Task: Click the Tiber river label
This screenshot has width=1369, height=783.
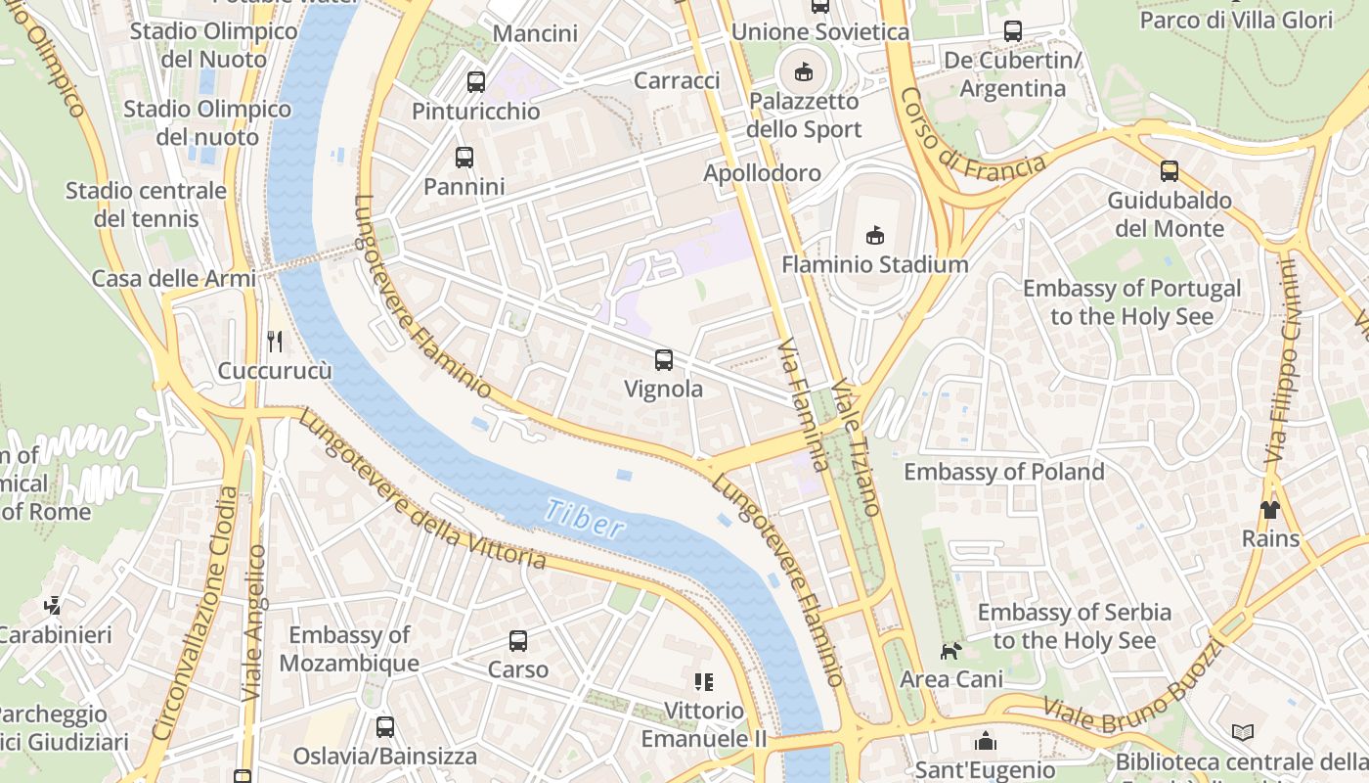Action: pos(585,518)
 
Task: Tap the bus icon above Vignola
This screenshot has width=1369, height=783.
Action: pos(664,359)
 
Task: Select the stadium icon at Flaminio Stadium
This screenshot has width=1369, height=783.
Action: pos(874,235)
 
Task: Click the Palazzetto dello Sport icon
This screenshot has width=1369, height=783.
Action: pos(804,70)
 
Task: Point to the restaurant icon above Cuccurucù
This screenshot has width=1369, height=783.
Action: pos(275,342)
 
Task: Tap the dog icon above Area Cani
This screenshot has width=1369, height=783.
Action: pos(950,651)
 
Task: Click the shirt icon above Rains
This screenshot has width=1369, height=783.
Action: pos(1269,509)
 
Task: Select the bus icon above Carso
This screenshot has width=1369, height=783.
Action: pos(518,641)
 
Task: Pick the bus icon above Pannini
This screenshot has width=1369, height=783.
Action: pos(464,157)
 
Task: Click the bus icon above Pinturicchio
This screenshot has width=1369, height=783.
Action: pos(476,81)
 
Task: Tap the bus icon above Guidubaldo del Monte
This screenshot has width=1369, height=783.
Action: pos(1170,171)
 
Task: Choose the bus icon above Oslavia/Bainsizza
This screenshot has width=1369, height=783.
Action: pos(385,727)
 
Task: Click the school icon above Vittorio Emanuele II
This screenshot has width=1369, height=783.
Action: pos(703,681)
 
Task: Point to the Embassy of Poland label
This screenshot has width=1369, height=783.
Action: pos(1003,472)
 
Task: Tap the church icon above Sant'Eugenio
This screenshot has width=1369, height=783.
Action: pos(986,741)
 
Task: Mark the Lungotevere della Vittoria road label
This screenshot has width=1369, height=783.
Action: pos(421,490)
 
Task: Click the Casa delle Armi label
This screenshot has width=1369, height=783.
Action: pos(173,279)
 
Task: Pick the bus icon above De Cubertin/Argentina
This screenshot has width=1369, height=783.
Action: pos(1013,31)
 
